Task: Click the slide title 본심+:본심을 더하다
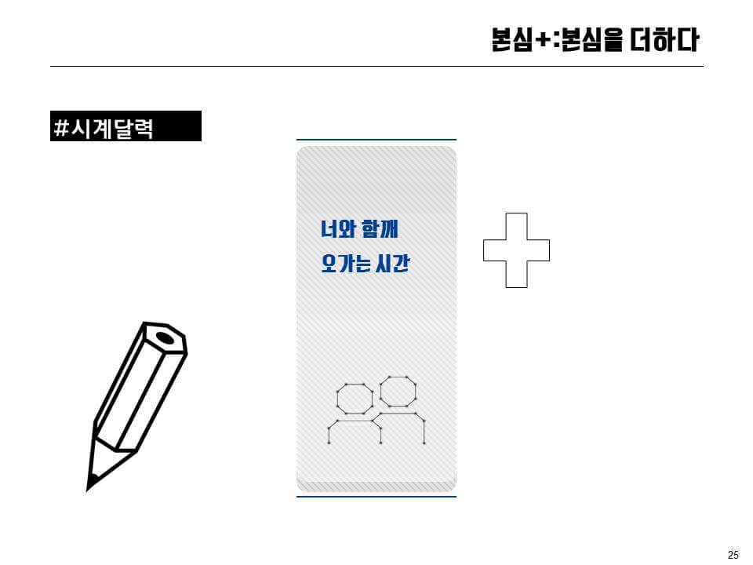pos(594,40)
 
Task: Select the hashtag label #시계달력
pos(125,126)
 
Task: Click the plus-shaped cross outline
pos(515,250)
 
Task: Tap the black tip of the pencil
pos(93,478)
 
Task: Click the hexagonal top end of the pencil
pos(165,338)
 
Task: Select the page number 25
pos(733,555)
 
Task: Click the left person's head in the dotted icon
pos(355,398)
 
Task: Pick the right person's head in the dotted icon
pos(398,391)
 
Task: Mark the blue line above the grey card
pos(376,140)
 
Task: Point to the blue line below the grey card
pos(376,496)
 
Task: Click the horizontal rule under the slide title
pos(376,67)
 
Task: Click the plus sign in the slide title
pos(541,40)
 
